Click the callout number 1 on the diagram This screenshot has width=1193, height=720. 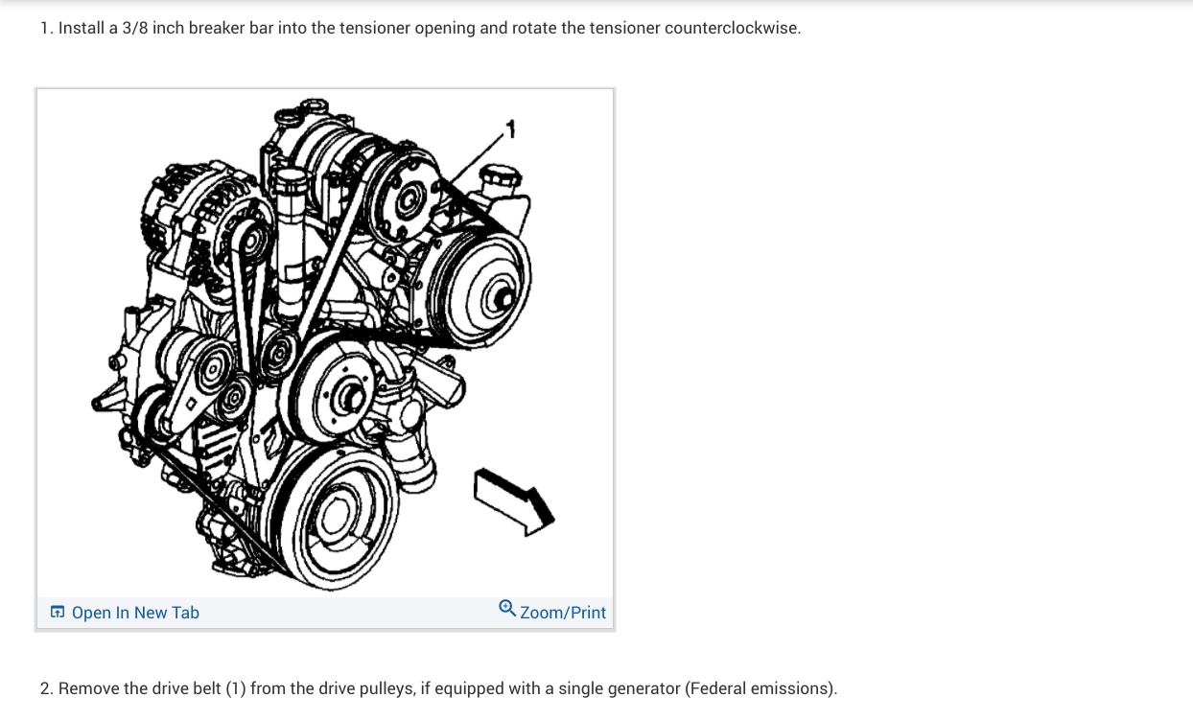(511, 127)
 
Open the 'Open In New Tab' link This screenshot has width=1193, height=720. (135, 613)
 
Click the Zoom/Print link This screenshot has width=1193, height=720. (563, 613)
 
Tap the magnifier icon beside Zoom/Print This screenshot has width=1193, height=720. (507, 608)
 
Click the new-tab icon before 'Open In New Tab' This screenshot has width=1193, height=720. (58, 612)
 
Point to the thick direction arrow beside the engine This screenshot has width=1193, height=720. (515, 497)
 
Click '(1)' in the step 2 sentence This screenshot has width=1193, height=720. (236, 688)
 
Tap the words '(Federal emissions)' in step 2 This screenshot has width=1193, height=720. (761, 688)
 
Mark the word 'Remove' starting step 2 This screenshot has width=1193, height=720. (88, 688)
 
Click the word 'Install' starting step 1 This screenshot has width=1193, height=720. (82, 28)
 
